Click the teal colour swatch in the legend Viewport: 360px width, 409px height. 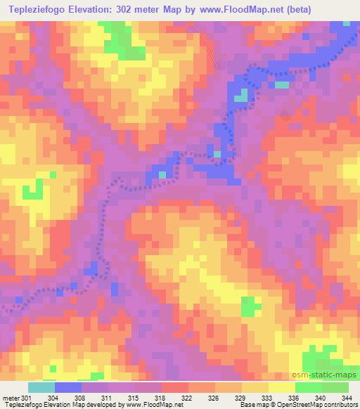click(x=41, y=388)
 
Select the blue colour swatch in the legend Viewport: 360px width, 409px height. click(x=68, y=388)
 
